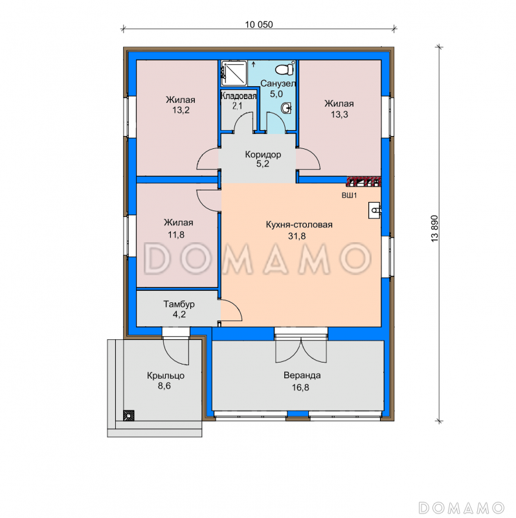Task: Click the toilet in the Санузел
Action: tap(285, 69)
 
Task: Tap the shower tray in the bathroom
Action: tap(234, 73)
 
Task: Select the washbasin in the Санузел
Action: tap(287, 107)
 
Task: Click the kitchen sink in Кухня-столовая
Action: tap(375, 210)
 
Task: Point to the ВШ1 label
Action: tap(349, 196)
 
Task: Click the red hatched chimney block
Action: tap(364, 182)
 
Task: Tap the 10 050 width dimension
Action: tap(259, 25)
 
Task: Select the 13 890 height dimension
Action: tap(434, 229)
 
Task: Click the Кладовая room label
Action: tap(238, 96)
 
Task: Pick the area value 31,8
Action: tap(297, 236)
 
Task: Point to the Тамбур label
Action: tap(179, 304)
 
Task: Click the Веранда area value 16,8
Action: tap(300, 387)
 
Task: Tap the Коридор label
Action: tap(263, 154)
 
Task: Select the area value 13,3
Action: tap(340, 115)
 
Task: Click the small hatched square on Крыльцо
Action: tap(128, 415)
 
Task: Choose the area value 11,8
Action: tap(176, 234)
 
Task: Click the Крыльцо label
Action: tap(166, 376)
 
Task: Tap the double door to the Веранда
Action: tap(301, 349)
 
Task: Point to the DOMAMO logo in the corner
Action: tap(461, 507)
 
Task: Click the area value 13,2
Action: tap(181, 110)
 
